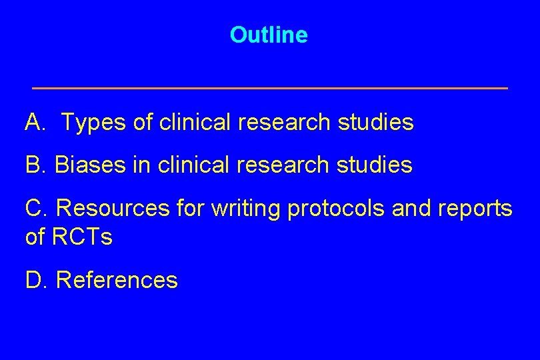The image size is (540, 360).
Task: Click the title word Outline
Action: click(269, 35)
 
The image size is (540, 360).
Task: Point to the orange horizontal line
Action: click(270, 88)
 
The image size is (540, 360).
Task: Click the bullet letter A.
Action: click(33, 123)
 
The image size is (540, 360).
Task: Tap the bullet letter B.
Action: click(33, 165)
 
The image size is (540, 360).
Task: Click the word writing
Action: click(246, 209)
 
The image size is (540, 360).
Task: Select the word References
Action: click(117, 280)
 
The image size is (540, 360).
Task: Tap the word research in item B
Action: click(288, 165)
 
